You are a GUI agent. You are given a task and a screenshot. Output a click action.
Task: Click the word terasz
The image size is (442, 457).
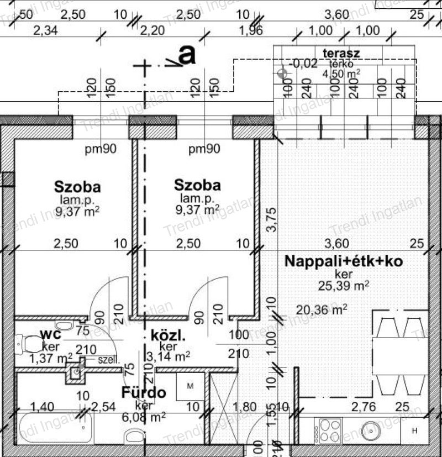(342, 53)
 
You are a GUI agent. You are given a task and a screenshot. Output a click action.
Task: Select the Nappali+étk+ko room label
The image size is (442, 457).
(344, 261)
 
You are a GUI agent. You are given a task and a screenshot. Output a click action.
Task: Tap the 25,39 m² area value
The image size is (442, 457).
(343, 285)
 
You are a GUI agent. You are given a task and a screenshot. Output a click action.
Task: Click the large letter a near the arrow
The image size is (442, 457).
(188, 55)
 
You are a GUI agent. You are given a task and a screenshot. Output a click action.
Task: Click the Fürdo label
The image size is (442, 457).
(144, 393)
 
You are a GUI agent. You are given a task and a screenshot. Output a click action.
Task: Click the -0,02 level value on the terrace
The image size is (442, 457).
(304, 64)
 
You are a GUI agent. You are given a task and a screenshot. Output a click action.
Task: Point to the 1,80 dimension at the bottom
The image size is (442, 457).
(245, 408)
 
